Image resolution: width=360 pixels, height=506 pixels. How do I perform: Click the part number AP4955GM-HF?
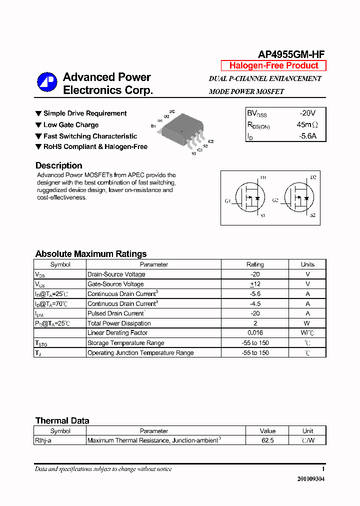[x=291, y=54]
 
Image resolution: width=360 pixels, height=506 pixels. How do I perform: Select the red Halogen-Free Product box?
[x=273, y=65]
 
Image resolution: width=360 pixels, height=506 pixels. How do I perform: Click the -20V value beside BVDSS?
[x=307, y=113]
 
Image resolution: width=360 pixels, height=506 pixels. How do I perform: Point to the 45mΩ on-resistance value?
[x=307, y=124]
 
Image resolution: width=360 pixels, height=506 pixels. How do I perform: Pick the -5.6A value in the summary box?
[x=307, y=135]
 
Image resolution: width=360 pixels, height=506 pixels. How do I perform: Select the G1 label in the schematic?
[x=227, y=200]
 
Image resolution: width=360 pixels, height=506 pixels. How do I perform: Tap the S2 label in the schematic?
[x=312, y=215]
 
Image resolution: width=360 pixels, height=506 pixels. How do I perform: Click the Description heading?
[x=58, y=165]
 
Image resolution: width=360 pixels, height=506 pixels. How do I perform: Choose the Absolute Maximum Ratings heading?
[x=91, y=254]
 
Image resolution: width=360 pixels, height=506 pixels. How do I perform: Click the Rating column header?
[x=255, y=264]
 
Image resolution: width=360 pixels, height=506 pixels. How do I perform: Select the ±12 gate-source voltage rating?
[x=255, y=284]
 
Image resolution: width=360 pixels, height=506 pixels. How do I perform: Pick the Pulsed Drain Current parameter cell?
[x=116, y=313]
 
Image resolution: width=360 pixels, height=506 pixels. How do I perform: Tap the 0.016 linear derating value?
[x=255, y=333]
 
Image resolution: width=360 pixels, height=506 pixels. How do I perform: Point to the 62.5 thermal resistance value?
[x=267, y=440]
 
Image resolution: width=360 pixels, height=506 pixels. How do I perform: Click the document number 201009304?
[x=311, y=478]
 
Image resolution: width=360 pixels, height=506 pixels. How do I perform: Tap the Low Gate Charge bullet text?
[x=71, y=125]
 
